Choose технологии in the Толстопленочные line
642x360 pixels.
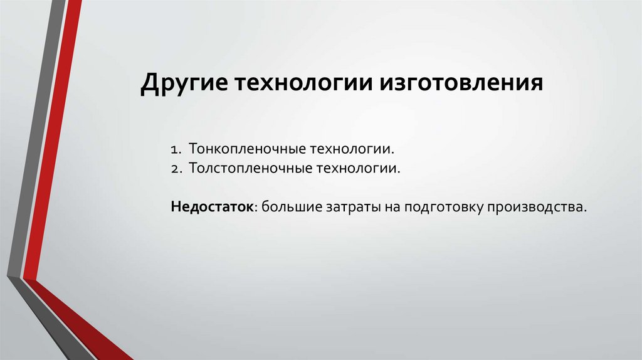click(345, 169)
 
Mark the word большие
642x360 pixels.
click(289, 206)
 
